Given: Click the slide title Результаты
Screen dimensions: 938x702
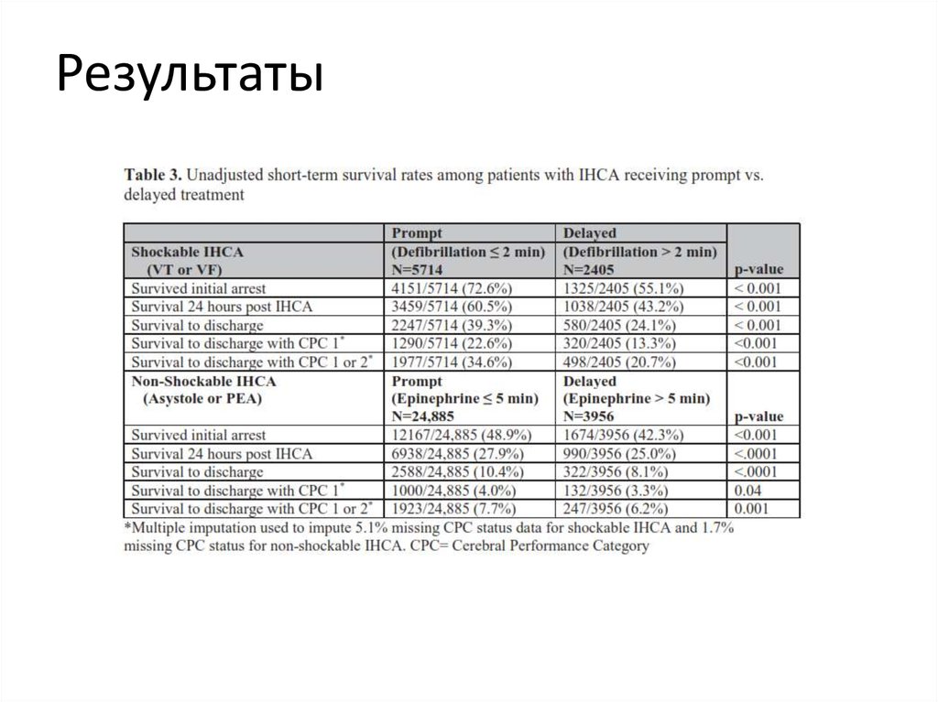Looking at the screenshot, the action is [x=190, y=75].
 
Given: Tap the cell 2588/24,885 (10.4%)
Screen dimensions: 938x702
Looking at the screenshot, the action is [x=458, y=471].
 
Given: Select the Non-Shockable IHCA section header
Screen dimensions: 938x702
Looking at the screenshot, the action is [x=203, y=381].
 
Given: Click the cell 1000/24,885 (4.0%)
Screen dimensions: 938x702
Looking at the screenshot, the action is [x=454, y=490].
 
